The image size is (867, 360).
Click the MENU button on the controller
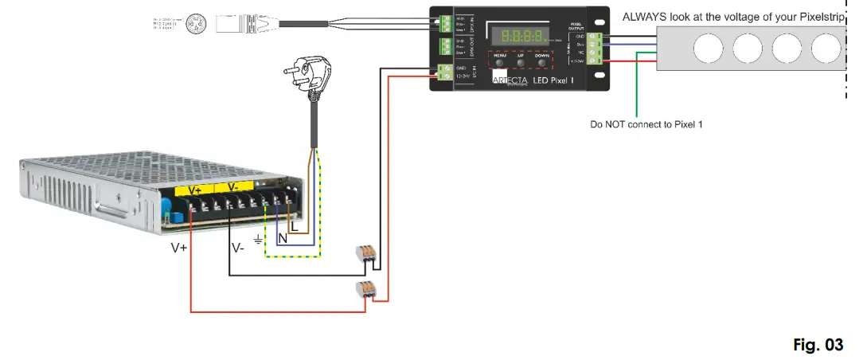click(501, 61)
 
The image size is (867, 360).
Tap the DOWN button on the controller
click(541, 61)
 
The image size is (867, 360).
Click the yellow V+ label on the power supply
click(194, 190)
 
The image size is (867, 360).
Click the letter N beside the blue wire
click(282, 238)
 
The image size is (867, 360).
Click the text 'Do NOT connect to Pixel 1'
click(646, 125)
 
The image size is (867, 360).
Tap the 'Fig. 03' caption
click(818, 345)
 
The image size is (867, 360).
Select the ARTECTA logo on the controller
click(510, 80)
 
